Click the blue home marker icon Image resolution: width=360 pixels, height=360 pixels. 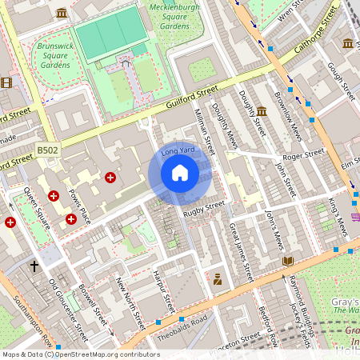(x=180, y=173)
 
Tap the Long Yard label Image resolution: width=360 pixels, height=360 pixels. (x=178, y=150)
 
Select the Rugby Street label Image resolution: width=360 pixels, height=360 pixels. (x=204, y=210)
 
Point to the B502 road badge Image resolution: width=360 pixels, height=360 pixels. (x=48, y=150)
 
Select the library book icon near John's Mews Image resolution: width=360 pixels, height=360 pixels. (x=288, y=261)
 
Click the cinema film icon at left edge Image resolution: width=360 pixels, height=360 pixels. (x=6, y=82)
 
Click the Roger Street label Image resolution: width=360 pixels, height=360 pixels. (x=303, y=154)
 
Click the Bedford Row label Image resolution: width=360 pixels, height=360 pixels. (x=268, y=326)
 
